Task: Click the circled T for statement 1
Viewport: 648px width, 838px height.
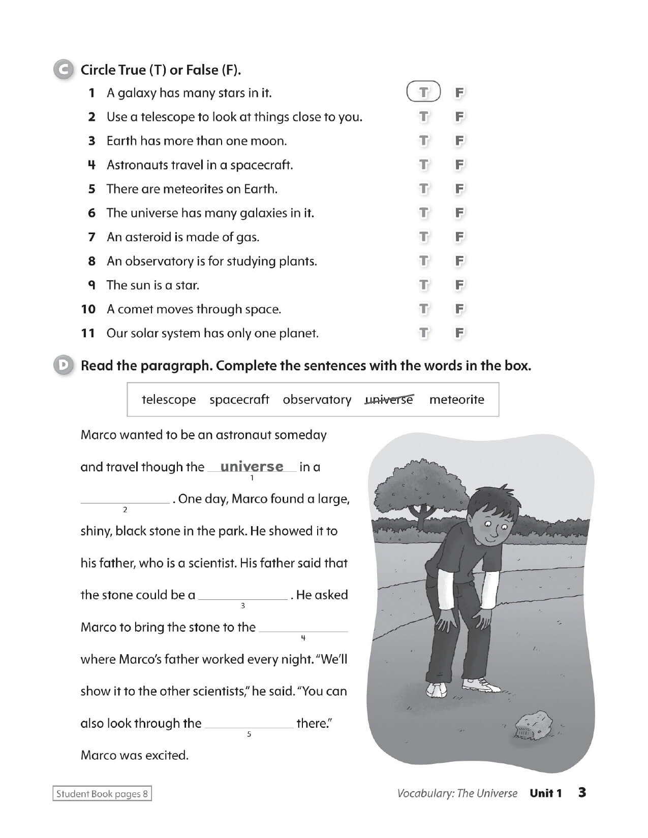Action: click(x=423, y=92)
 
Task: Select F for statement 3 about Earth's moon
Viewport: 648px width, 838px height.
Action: click(x=459, y=141)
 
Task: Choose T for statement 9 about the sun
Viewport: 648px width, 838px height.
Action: click(x=423, y=285)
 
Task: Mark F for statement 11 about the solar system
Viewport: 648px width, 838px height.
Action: click(x=459, y=333)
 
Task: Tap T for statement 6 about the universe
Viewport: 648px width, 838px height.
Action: click(x=423, y=213)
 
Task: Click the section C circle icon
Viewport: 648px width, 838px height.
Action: click(x=63, y=70)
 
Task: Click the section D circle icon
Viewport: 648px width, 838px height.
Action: click(x=63, y=366)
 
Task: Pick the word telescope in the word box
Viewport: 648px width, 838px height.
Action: click(x=168, y=400)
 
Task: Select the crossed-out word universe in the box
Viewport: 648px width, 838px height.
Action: click(x=389, y=400)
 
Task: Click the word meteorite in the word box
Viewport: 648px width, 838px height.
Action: click(x=456, y=400)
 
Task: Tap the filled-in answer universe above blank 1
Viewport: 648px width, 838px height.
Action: click(x=252, y=466)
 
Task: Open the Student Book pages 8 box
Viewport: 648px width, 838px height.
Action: click(x=102, y=794)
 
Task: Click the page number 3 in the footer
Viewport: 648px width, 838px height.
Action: click(x=582, y=792)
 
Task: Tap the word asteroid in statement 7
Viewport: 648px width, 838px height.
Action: click(x=147, y=237)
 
